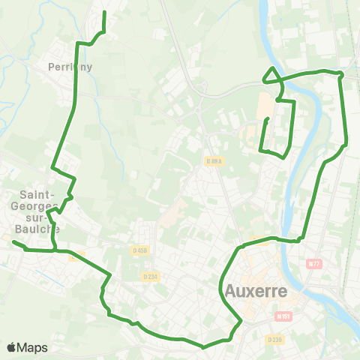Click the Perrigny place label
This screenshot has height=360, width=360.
tap(70, 66)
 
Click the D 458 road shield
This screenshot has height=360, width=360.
tap(140, 250)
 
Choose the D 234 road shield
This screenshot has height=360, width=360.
tap(150, 276)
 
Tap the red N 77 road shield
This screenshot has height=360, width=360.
tap(314, 264)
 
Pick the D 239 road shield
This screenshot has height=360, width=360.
tap(274, 339)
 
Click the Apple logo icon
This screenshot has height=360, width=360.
tap(11, 347)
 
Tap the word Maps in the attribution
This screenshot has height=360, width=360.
tap(33, 347)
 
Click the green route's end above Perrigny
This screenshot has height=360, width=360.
tap(103, 13)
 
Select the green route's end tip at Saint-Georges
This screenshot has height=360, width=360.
tap(13, 242)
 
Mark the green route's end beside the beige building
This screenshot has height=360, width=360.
tap(267, 119)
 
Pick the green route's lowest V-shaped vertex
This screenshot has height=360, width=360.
tap(203, 347)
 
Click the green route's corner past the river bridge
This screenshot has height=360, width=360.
tap(342, 74)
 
